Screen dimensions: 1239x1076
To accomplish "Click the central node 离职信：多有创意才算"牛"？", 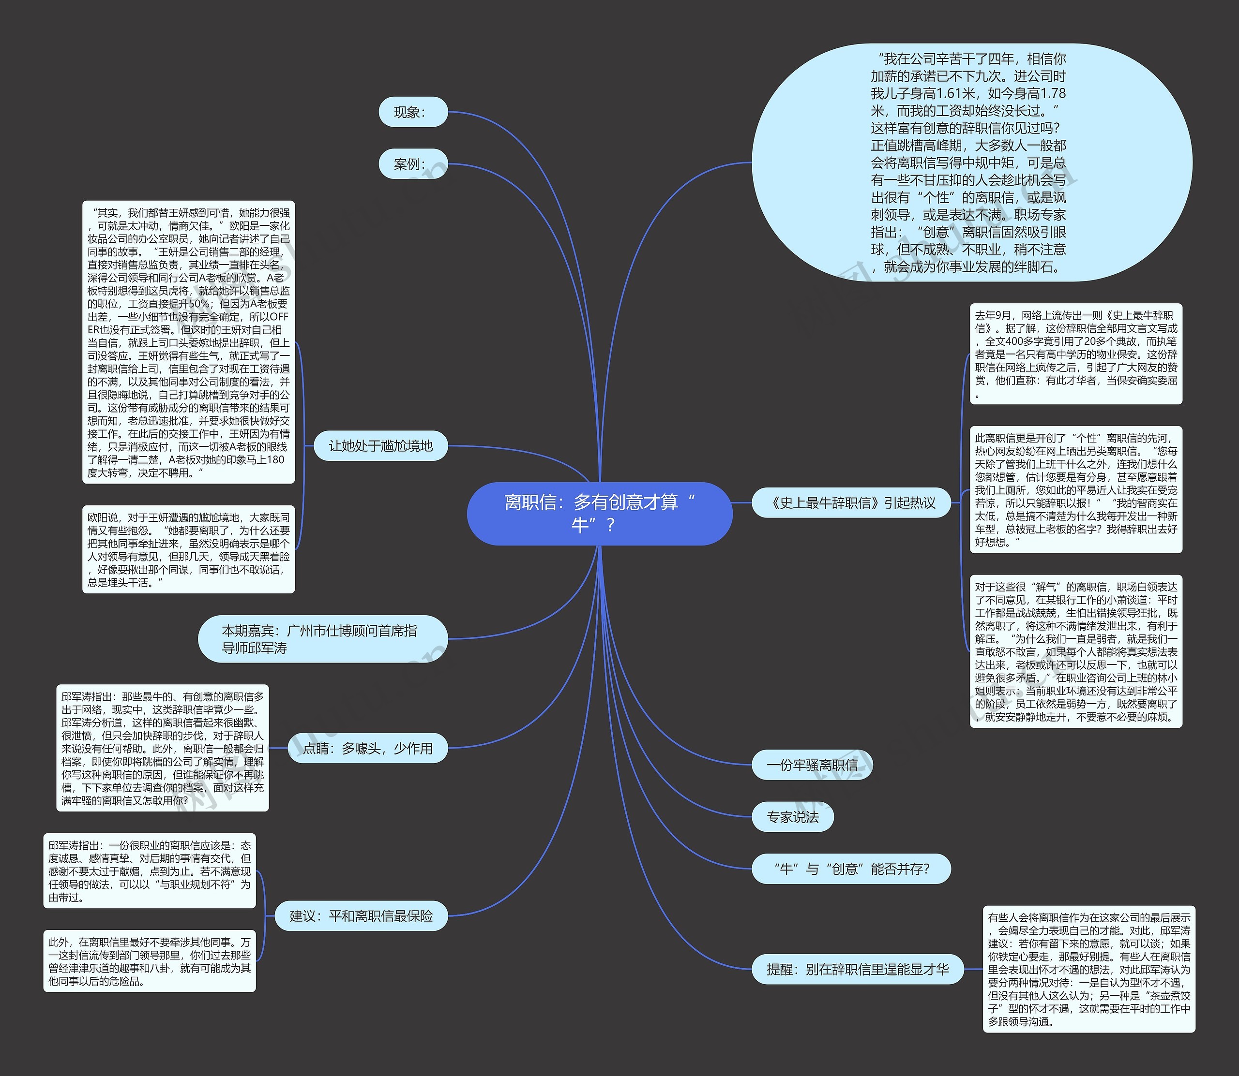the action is [599, 514].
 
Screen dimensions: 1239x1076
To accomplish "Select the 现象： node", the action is [413, 112].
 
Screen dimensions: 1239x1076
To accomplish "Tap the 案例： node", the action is [413, 164].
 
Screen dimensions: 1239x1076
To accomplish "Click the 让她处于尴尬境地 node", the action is [380, 445].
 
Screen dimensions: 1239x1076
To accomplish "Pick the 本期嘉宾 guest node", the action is [323, 639].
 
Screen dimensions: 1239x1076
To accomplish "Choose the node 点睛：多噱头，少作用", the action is [368, 748].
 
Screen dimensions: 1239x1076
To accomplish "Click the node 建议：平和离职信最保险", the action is [361, 915].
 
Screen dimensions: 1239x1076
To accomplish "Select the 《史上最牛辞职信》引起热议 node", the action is [851, 502].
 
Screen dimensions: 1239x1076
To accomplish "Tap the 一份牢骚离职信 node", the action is [812, 765].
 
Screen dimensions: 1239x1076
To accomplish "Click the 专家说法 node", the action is [793, 817].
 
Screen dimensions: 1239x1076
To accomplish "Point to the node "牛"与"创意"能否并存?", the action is [851, 869].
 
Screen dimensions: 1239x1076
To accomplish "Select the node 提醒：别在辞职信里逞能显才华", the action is [858, 969].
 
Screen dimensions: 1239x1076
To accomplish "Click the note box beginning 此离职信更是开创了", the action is [1075, 489].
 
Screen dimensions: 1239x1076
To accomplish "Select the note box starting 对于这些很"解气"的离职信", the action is [1075, 651].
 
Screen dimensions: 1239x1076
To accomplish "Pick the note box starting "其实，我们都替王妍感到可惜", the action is [188, 342].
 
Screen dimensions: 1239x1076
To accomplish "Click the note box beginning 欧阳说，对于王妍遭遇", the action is [188, 549].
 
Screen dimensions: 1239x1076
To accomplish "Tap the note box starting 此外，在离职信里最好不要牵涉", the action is [149, 961].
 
